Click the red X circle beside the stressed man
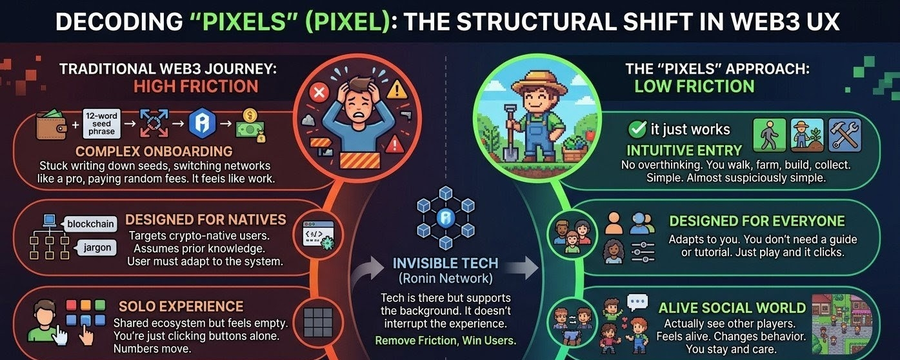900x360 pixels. click(x=319, y=94)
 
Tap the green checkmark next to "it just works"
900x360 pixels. click(x=637, y=129)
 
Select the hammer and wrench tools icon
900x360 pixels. click(x=844, y=135)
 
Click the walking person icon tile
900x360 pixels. click(x=770, y=135)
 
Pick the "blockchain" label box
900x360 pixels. click(x=90, y=224)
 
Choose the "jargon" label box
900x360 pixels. click(x=97, y=246)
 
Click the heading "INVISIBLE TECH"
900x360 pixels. click(x=445, y=263)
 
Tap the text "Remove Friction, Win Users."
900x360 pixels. click(x=445, y=340)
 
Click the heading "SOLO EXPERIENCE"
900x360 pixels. click(x=181, y=306)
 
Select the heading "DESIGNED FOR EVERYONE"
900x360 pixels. click(x=757, y=221)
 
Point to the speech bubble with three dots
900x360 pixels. click(x=637, y=301)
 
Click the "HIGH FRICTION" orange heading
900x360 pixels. click(x=195, y=86)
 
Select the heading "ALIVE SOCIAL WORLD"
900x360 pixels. click(x=732, y=308)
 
